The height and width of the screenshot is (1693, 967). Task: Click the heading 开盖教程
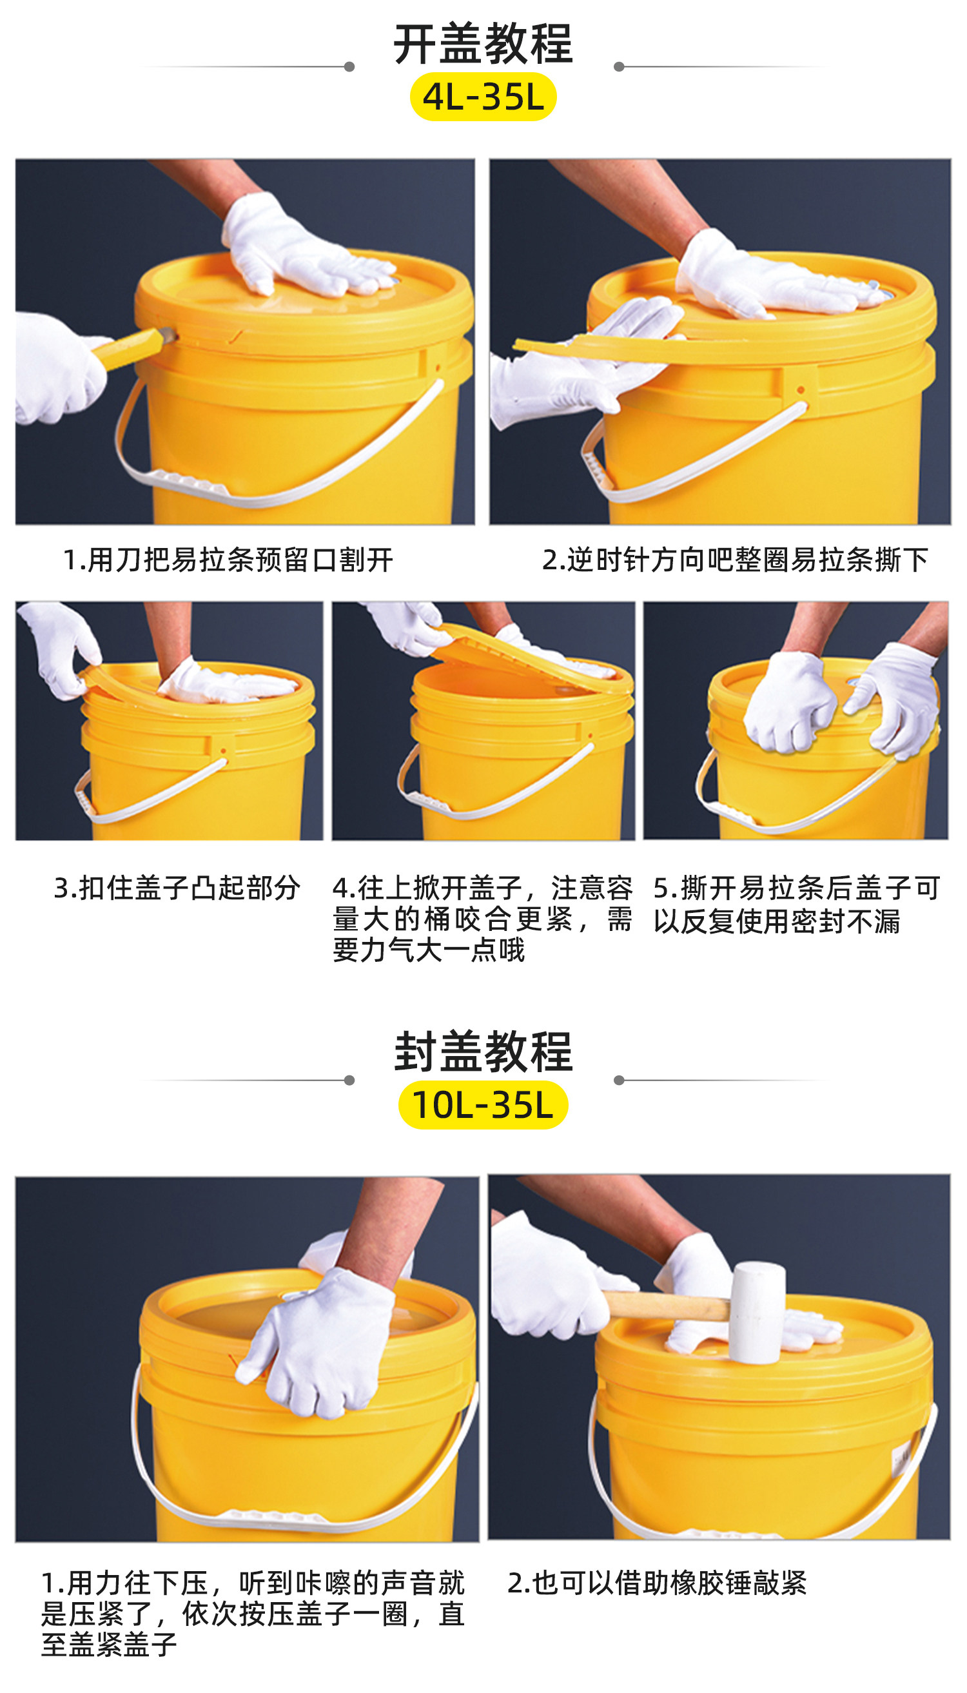point(483,44)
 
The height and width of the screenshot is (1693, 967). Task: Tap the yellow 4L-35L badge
point(483,97)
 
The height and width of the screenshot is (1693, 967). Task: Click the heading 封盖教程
point(483,1053)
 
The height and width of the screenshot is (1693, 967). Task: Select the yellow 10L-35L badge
point(483,1105)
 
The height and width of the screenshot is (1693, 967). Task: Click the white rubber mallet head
point(757,1312)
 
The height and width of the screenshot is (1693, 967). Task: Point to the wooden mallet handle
point(667,1306)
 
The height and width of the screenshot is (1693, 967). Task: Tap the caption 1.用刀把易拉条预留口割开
point(228,560)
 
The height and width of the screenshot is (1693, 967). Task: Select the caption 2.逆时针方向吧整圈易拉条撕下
point(735,560)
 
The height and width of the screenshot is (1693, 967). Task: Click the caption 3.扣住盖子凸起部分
point(177,888)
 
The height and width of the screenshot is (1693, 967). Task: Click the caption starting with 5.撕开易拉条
point(796,905)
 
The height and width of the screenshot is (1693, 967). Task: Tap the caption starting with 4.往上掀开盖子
point(483,919)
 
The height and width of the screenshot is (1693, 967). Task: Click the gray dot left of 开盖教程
point(349,66)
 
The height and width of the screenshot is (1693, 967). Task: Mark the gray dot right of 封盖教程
point(619,1081)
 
